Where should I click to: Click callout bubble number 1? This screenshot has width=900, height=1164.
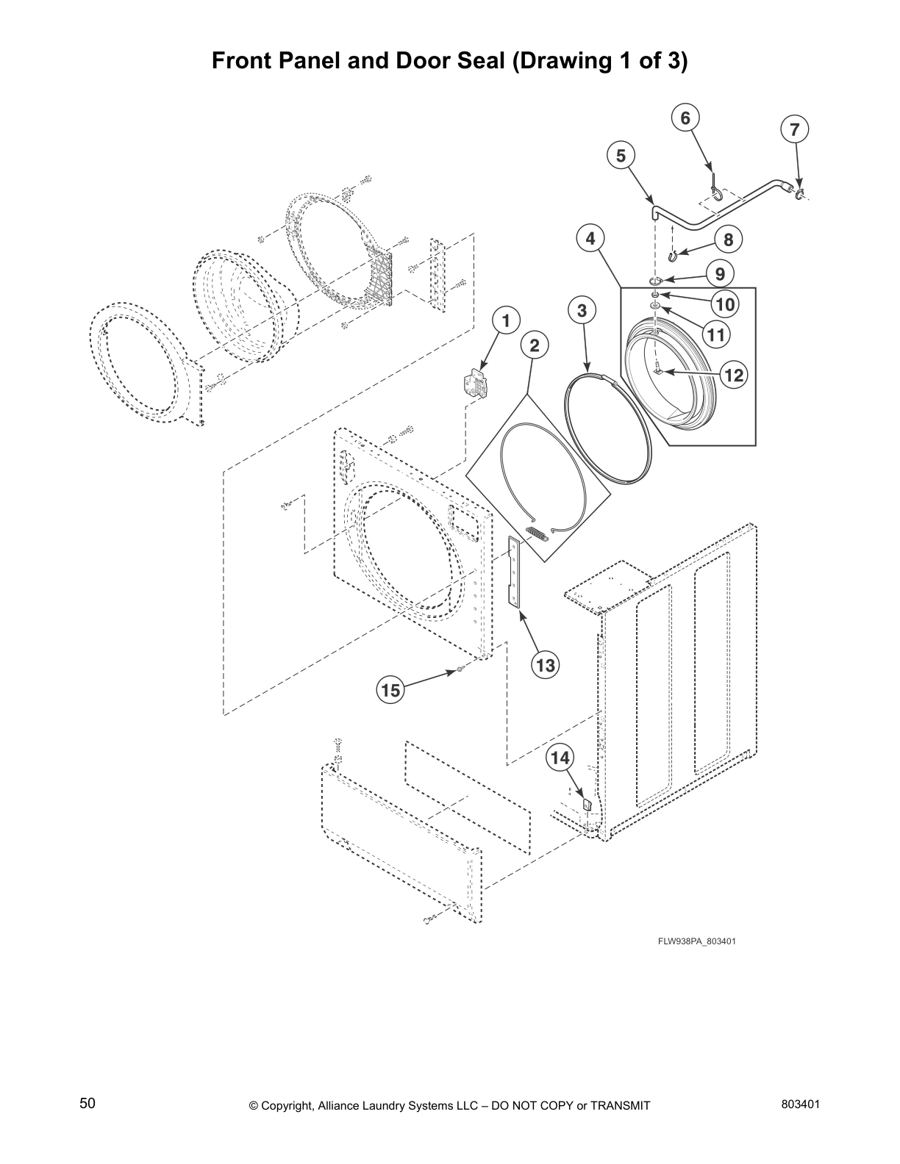(505, 320)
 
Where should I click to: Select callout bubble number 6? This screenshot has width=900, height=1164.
(685, 118)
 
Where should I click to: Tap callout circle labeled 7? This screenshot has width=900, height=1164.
(794, 129)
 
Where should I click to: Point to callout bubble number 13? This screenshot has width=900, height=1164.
(545, 666)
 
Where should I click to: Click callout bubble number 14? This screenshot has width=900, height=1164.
(560, 758)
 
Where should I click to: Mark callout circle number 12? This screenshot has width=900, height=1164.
(733, 376)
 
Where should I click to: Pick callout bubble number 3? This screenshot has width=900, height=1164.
(582, 310)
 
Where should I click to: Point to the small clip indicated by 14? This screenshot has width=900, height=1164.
(587, 804)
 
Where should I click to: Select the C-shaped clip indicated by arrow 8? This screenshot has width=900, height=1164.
(671, 255)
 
